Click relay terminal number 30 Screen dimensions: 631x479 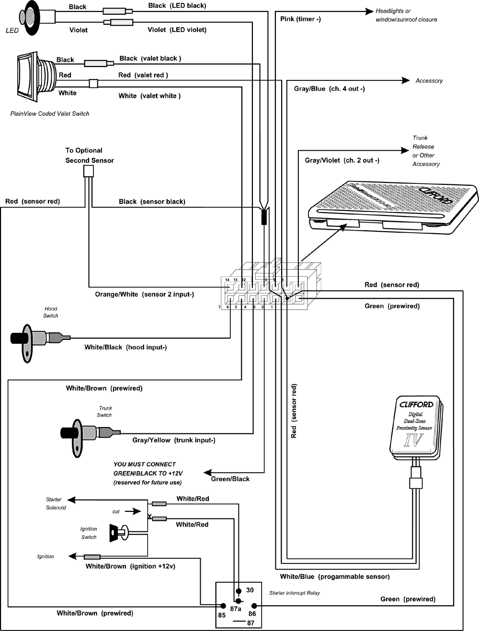250,590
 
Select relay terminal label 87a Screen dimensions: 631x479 235,609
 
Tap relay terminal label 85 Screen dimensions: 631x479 222,615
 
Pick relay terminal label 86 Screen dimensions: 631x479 252,614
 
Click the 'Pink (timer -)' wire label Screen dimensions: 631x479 300,19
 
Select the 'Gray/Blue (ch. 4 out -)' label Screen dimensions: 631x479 329,89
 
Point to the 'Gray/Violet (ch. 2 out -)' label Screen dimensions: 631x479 342,160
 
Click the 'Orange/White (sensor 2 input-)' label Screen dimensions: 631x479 144,294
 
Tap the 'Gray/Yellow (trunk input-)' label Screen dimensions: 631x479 173,440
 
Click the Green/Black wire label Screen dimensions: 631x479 230,479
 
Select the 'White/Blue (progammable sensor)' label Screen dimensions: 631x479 334,577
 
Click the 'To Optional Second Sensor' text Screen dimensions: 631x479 89,156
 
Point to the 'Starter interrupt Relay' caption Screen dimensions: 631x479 294,593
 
